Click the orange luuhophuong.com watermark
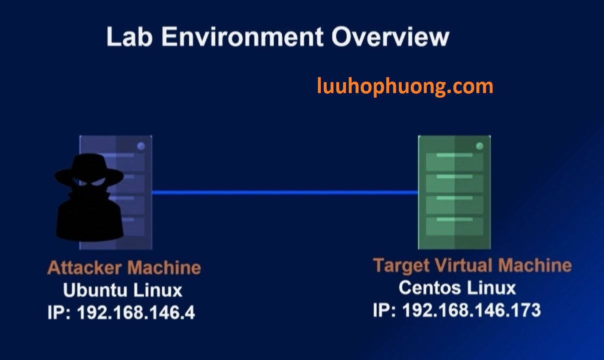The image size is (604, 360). point(405,86)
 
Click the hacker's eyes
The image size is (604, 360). point(90,183)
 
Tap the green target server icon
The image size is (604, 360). point(454,192)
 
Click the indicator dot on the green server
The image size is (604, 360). point(479,146)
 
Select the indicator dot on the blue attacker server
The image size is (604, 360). point(141,146)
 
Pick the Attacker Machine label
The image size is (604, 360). point(124,267)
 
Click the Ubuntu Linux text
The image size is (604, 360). point(123,290)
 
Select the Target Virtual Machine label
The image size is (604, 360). point(472,265)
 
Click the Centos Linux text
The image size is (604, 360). point(457,287)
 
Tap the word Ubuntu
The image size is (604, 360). point(95,290)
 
